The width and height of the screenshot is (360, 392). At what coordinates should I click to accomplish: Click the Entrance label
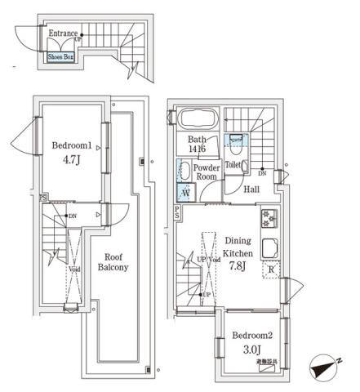pos(63,33)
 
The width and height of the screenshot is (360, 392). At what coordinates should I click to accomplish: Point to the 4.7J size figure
pos(69,160)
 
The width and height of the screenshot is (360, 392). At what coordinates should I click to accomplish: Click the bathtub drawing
pos(197,119)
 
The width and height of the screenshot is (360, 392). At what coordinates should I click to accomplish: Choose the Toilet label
pos(233,164)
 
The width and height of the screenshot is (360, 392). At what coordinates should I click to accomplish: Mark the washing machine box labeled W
pos(184,193)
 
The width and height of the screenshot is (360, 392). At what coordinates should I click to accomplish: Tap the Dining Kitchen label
pos(238,247)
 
